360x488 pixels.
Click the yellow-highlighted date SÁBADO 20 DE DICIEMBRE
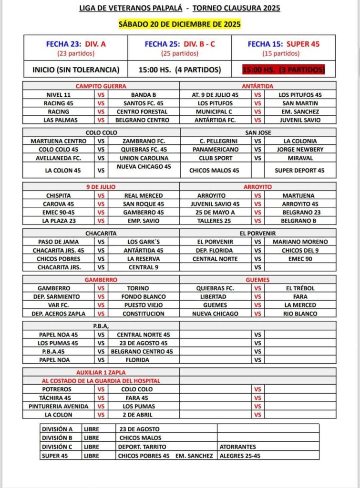[x=179, y=24]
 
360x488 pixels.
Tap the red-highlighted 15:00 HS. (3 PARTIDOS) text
[x=283, y=70]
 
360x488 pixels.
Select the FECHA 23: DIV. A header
[x=76, y=44]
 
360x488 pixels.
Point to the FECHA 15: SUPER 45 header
[x=283, y=44]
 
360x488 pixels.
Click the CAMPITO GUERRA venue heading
[x=101, y=86]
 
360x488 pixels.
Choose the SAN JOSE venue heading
[x=257, y=132]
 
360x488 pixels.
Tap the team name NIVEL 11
[x=59, y=94]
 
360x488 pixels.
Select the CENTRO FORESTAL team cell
[x=144, y=112]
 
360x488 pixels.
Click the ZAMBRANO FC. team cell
[x=144, y=141]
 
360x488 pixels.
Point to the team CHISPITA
[x=59, y=195]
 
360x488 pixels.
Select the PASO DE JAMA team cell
[x=59, y=242]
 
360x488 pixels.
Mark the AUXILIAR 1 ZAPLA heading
[x=101, y=372]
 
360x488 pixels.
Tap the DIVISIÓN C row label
[x=58, y=447]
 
